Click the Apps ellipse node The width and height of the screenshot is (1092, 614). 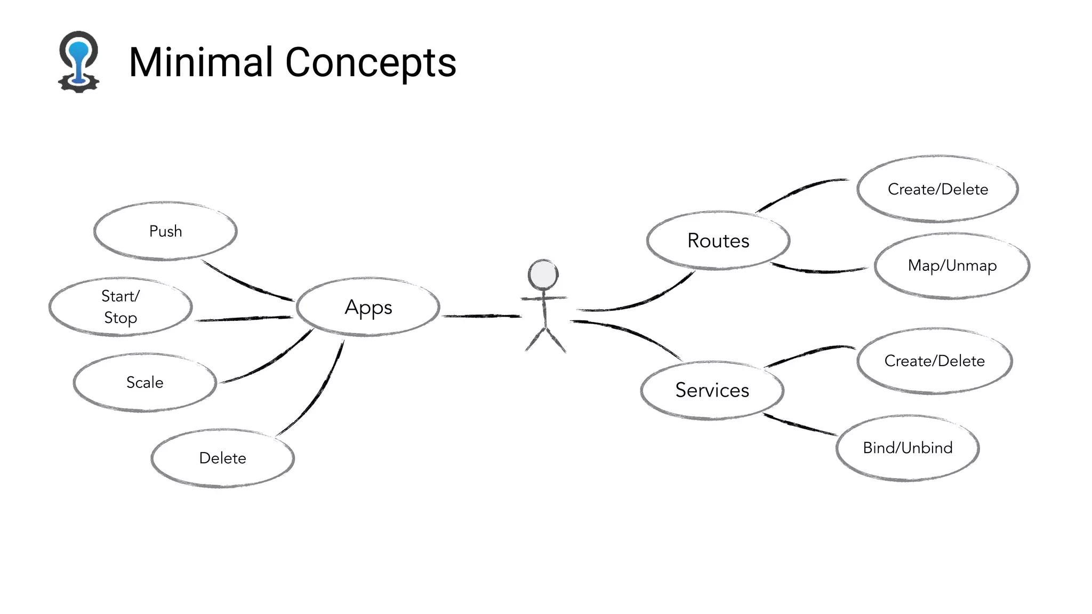(368, 308)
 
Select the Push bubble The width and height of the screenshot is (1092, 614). (165, 231)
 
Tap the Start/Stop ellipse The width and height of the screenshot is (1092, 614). (121, 307)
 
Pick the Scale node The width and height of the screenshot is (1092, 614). (145, 382)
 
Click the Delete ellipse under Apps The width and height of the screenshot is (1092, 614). (223, 458)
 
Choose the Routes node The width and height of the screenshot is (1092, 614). (718, 241)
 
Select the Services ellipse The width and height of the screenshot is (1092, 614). (712, 390)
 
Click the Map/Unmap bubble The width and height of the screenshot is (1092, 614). (952, 265)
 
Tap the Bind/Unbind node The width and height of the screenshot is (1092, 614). (908, 448)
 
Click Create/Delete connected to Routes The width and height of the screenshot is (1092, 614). (938, 189)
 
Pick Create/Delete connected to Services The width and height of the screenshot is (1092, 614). (934, 361)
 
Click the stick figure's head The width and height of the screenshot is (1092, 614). (543, 275)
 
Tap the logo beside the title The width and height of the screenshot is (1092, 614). (79, 62)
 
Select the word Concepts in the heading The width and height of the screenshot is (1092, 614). (371, 63)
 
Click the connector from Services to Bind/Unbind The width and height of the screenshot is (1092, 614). (800, 425)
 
